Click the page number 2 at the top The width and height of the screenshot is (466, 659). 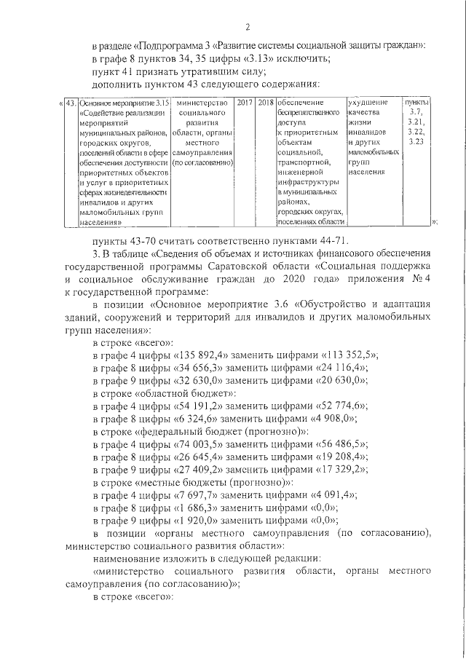pos(248,28)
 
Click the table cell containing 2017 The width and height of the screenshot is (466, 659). pos(245,104)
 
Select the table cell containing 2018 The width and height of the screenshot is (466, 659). pos(265,104)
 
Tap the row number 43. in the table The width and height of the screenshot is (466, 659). pos(71,104)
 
